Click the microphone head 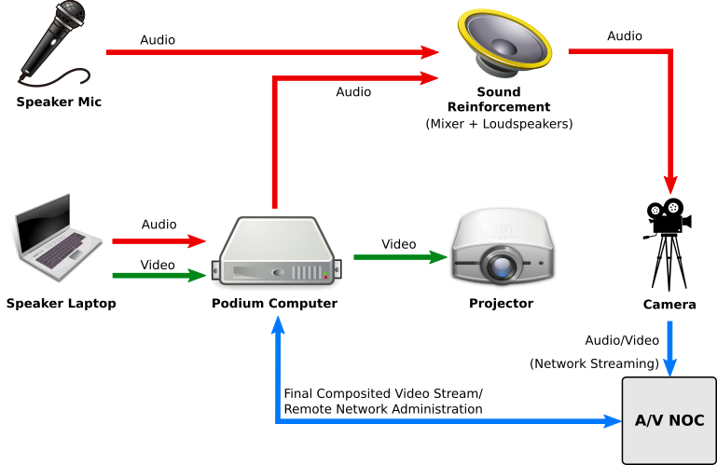tap(72, 15)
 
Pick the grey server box tap(277, 252)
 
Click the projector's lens tap(503, 266)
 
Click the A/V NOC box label tap(669, 420)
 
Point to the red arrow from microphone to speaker tap(270, 52)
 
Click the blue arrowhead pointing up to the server tap(277, 325)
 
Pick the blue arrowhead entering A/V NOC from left tap(612, 421)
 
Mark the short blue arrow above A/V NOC tap(669, 348)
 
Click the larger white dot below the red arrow tap(673, 208)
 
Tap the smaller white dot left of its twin tap(655, 211)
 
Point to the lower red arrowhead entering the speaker tap(429, 78)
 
